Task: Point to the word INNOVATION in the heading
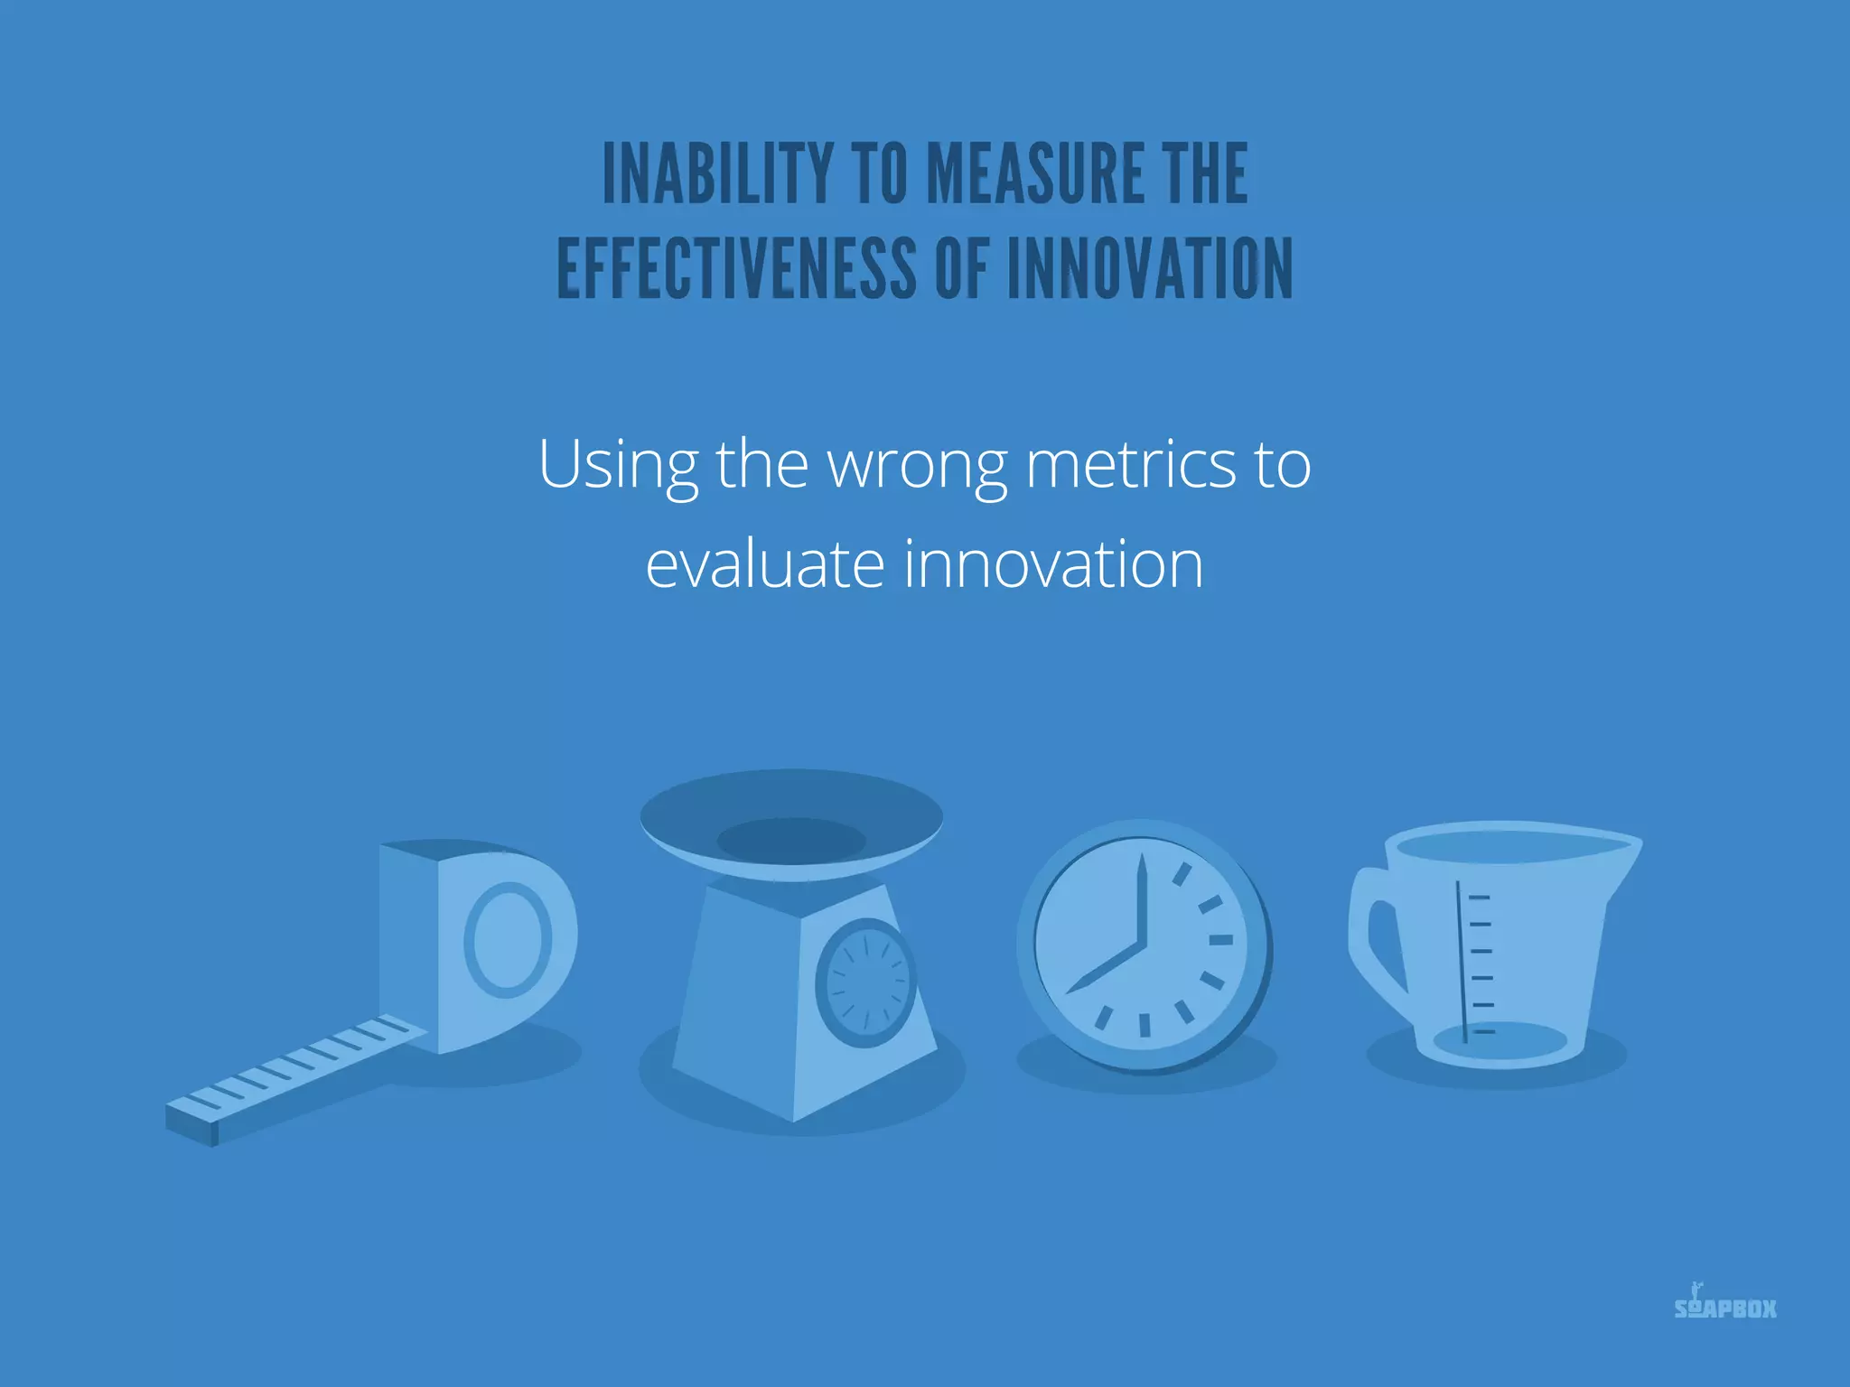click(1149, 268)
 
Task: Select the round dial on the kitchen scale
click(865, 982)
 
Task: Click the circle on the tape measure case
click(508, 940)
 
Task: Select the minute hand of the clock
click(1143, 903)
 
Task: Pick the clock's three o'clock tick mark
click(1220, 940)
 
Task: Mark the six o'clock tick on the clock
click(1145, 1024)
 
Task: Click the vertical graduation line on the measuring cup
click(1461, 962)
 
